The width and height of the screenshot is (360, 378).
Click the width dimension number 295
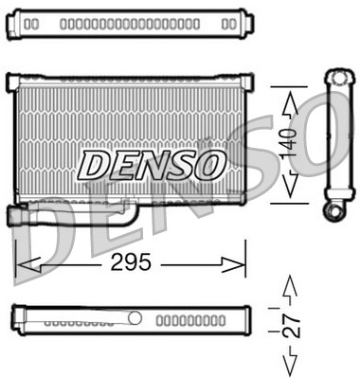coord(131,262)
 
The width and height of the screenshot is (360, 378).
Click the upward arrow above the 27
coord(292,286)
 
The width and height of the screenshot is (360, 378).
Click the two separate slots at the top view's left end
coord(31,22)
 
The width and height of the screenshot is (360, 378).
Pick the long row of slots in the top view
coord(129,22)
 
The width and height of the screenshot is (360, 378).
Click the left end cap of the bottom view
coord(15,319)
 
